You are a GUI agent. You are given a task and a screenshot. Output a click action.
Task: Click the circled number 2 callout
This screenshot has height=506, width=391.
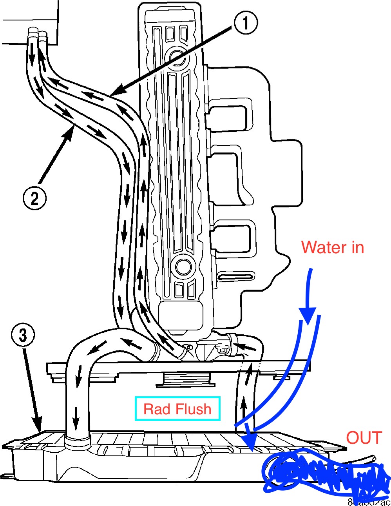[34, 198]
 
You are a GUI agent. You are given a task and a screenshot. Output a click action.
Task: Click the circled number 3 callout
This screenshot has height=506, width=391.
[23, 335]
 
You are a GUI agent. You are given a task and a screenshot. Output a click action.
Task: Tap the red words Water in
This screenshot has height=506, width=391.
[332, 247]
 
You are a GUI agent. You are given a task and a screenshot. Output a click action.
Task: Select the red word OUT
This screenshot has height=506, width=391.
[364, 438]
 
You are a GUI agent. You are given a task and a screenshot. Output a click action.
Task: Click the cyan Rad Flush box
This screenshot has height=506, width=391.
[177, 409]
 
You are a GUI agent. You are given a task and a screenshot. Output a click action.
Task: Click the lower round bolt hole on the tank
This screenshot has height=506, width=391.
[183, 267]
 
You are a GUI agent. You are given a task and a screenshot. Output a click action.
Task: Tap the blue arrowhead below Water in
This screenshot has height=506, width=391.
[308, 314]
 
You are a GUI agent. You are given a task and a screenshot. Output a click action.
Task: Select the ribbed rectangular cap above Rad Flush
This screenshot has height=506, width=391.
[183, 379]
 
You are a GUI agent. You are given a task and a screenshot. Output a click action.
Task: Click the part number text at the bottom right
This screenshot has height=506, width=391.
[369, 502]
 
